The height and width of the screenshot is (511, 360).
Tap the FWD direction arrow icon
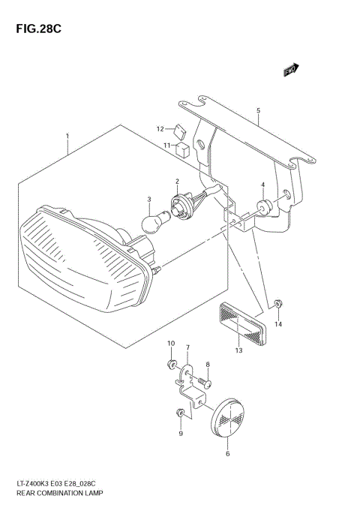tap(291, 70)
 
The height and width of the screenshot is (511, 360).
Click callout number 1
tap(67, 137)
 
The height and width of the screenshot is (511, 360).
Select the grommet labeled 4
tap(265, 206)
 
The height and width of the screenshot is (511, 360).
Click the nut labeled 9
tap(180, 413)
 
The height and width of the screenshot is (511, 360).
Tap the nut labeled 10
tap(172, 365)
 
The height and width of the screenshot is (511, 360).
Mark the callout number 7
tap(187, 347)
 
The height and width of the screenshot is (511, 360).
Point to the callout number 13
tap(239, 350)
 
